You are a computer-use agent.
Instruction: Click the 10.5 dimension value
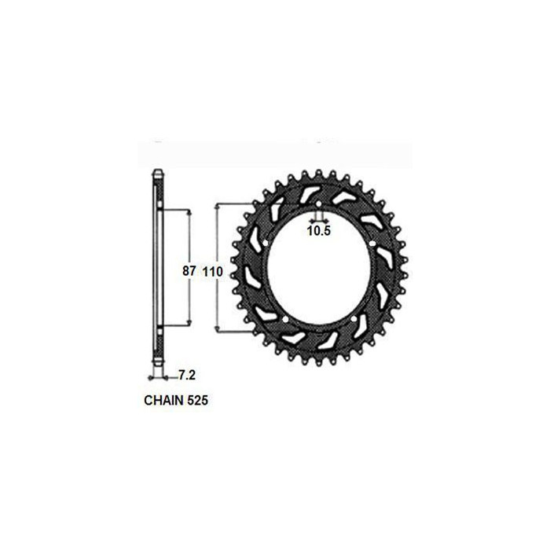[x=319, y=231]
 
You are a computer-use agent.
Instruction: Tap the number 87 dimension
[x=189, y=271]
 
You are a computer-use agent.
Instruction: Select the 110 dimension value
[x=213, y=272]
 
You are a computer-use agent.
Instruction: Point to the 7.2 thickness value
[x=187, y=376]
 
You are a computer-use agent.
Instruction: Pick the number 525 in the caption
[x=197, y=400]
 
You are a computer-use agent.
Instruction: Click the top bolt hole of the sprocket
[x=318, y=204]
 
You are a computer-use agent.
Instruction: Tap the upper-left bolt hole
[x=266, y=243]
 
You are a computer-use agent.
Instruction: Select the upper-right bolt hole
[x=372, y=243]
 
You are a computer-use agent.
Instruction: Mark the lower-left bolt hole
[x=285, y=319]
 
